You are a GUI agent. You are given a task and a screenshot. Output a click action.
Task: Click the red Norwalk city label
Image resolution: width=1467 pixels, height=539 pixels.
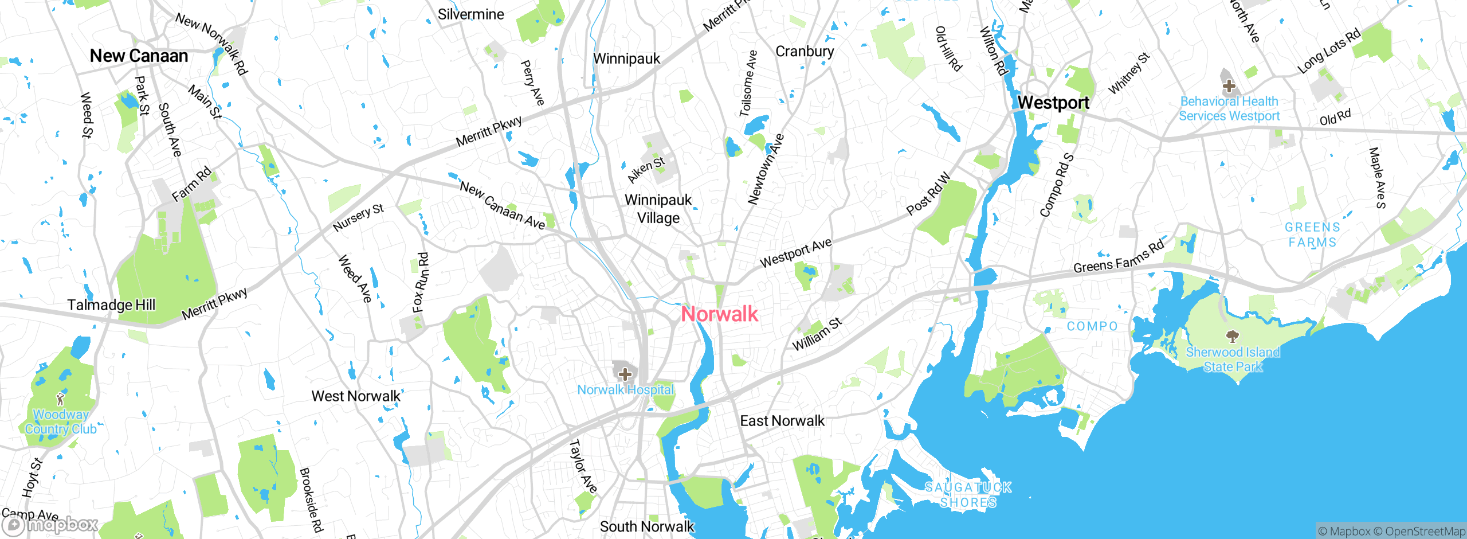tap(720, 314)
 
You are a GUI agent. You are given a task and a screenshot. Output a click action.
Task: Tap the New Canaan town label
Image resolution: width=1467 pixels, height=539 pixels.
tap(139, 56)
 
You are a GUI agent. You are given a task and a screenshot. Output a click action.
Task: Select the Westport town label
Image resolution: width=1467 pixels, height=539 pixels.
tap(1053, 103)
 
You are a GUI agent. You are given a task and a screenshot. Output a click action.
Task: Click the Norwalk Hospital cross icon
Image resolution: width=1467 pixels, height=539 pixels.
tap(625, 374)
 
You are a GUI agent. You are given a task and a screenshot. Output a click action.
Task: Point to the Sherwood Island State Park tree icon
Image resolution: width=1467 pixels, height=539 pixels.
tap(1232, 335)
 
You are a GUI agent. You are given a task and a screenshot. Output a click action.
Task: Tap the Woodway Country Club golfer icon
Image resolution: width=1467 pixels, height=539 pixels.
tap(60, 398)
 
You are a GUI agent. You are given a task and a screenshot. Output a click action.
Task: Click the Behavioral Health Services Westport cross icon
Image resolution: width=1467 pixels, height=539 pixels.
tap(1229, 87)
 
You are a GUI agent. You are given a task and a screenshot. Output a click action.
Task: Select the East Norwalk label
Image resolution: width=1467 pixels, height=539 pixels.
tap(782, 421)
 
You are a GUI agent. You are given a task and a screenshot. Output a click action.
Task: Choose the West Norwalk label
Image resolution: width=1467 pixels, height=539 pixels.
tap(356, 396)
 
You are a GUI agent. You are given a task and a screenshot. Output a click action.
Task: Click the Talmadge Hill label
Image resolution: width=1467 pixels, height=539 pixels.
tap(111, 305)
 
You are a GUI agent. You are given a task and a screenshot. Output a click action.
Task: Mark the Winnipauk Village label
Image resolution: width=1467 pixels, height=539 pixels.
tap(658, 209)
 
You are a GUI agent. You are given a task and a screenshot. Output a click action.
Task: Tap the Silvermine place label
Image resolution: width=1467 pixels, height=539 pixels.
tap(470, 14)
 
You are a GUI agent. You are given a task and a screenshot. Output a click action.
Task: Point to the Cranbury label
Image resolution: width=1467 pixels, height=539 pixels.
tap(805, 52)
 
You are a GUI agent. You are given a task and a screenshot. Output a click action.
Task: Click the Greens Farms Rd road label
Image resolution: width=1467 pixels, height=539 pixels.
tap(1119, 256)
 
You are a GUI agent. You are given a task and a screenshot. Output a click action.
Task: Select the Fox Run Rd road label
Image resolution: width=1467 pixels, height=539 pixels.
tap(421, 283)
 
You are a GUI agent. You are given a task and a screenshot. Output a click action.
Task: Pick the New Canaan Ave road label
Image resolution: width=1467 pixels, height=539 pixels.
tap(503, 205)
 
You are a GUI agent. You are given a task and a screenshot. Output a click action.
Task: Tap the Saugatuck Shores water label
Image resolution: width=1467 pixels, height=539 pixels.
tap(968, 495)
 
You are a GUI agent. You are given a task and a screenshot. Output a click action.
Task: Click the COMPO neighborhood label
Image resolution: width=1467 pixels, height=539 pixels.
tap(1092, 326)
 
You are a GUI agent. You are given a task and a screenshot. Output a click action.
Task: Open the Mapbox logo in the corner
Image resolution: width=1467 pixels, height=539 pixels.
tap(50, 524)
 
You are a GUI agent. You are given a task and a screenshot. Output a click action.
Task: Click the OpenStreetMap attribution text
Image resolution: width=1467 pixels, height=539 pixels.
tap(1425, 532)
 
